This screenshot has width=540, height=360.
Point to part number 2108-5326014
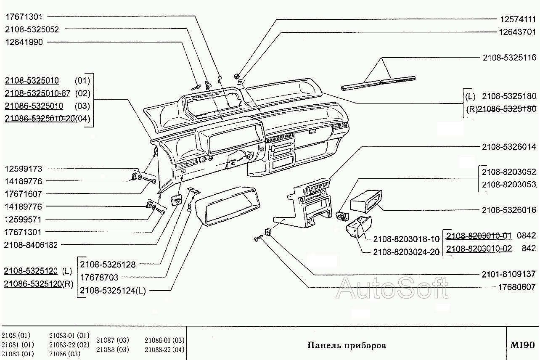tap(509, 147)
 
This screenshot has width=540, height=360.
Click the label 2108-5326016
tap(509, 210)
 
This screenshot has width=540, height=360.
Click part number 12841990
tap(24, 42)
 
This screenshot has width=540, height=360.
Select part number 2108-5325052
tap(32, 29)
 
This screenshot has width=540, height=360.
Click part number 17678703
tap(99, 278)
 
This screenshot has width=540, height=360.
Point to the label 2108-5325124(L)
tap(113, 291)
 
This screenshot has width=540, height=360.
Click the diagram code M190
tap(523, 345)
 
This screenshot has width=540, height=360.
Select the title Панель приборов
tap(347, 346)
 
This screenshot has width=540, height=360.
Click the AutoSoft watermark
tap(393, 288)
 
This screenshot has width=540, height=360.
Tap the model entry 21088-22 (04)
tap(164, 349)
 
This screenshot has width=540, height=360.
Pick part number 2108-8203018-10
tap(406, 239)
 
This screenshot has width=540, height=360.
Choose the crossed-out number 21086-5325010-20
tap(40, 119)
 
